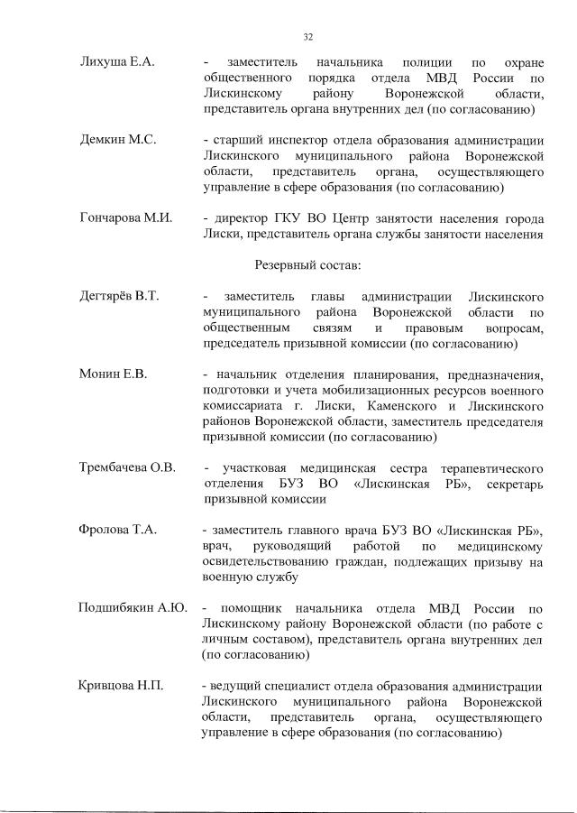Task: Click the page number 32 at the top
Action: point(307,37)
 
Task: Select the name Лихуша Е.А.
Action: point(117,61)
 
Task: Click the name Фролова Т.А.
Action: point(118,529)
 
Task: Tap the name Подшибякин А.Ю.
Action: point(133,607)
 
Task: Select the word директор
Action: point(243,219)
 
